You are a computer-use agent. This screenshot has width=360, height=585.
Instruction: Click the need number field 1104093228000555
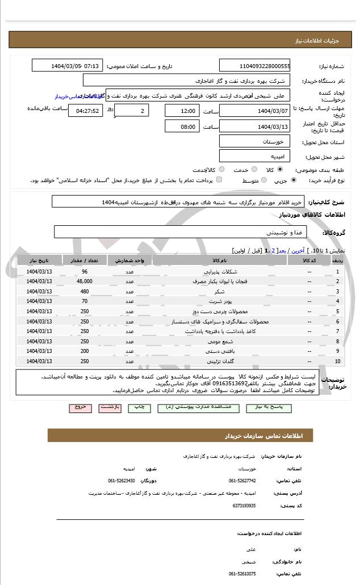click(255, 66)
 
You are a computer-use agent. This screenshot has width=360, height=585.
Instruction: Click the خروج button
click(79, 407)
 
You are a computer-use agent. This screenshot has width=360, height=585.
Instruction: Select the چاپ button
click(140, 407)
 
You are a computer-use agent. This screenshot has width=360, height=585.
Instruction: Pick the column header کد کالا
click(309, 260)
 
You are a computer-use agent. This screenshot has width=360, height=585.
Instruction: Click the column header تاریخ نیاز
click(39, 260)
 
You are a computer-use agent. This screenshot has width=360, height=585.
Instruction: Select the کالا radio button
click(280, 170)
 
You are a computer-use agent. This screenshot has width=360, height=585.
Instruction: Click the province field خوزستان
click(255, 141)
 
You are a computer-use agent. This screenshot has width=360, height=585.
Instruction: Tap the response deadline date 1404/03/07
click(255, 111)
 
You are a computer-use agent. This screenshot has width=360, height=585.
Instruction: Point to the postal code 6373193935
click(244, 506)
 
